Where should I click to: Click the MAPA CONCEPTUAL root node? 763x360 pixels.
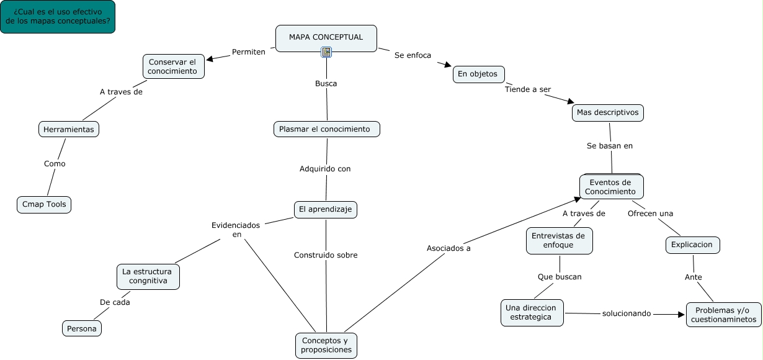[x=326, y=37]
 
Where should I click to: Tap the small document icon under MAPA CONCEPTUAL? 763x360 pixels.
[x=326, y=52]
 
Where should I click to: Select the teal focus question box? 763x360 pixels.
[x=58, y=17]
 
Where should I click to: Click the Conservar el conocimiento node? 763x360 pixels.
[x=173, y=66]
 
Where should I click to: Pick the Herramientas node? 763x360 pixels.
[x=69, y=129]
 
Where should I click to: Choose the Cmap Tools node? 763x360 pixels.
[x=44, y=204]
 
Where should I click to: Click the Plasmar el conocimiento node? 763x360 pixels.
[x=326, y=129]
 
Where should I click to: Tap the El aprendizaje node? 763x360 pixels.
[x=325, y=210]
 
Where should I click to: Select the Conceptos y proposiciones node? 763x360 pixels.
[x=326, y=345]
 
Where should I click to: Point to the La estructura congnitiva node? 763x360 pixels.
[x=148, y=276]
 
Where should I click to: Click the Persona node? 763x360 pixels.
[x=82, y=328]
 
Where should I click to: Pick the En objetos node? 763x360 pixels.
[x=478, y=74]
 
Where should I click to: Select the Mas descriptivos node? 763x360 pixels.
[x=607, y=112]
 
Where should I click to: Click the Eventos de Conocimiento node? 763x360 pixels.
[x=611, y=187]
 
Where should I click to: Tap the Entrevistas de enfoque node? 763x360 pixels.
[x=559, y=240]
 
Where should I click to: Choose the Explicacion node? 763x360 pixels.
[x=693, y=245]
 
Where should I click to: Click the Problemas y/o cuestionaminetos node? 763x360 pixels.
[x=723, y=315]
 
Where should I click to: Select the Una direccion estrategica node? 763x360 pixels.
[x=532, y=312]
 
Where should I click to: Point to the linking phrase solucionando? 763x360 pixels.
[x=626, y=313]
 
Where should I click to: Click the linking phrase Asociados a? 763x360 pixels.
[x=448, y=248]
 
